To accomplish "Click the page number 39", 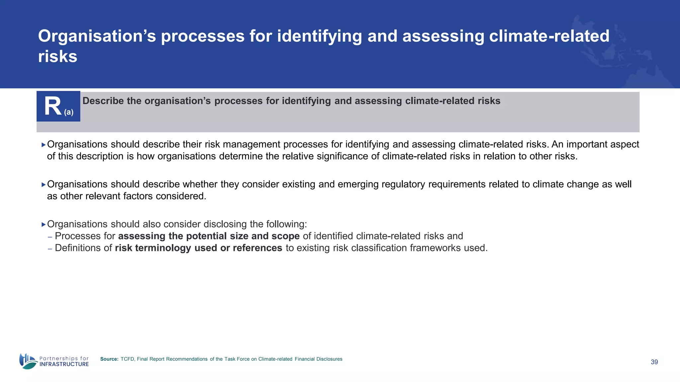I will (654, 362).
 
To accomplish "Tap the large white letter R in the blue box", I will (53, 106).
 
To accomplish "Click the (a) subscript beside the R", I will (69, 112).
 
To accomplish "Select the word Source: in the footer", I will (109, 359).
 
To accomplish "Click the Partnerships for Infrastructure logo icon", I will (28, 361).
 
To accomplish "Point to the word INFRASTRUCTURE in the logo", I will (64, 364).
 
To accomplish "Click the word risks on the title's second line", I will (57, 56).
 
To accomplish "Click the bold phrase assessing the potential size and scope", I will (209, 236).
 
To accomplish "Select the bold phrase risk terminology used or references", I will (199, 248).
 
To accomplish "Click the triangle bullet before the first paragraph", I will (43, 145).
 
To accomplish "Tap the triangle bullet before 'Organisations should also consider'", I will (43, 224).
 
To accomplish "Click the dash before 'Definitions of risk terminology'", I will (50, 248).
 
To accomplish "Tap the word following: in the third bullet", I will (287, 224).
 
